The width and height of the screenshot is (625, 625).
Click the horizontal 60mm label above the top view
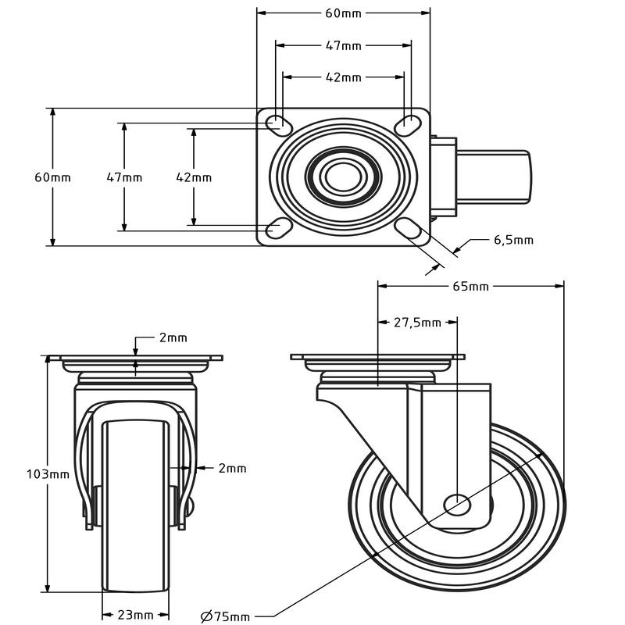coord(344,13)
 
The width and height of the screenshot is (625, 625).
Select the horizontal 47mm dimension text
coord(344,46)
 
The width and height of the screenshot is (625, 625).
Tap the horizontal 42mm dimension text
coord(344,77)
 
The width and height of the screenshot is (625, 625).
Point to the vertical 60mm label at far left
coord(52,177)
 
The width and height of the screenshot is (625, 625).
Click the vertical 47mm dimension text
coord(124,177)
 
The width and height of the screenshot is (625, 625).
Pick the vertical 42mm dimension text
coord(194,177)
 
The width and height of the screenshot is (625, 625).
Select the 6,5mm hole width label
coord(513,240)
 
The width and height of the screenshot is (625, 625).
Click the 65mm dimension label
coord(471,287)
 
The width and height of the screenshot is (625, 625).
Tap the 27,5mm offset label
coord(417,322)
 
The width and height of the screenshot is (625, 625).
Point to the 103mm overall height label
coord(48,474)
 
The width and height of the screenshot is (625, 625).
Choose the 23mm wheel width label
coord(135,614)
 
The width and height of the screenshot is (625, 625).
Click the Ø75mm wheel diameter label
coord(226,616)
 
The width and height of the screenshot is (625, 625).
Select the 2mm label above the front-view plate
coord(173,338)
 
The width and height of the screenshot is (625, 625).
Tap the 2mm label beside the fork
coord(232,468)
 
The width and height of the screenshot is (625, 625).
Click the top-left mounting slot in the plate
coord(276,123)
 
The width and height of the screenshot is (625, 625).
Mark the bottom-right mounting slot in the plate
coord(408,229)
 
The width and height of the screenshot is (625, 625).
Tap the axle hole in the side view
coord(457,504)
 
